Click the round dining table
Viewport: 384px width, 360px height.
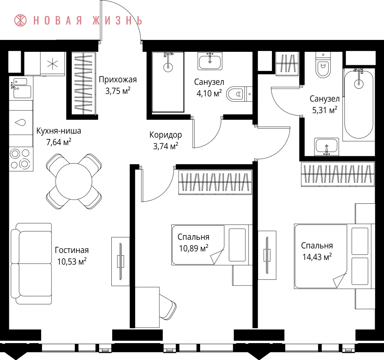74,182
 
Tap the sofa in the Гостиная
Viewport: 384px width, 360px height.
31,263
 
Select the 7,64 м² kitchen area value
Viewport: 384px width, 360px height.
59,142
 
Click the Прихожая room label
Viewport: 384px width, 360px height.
118,79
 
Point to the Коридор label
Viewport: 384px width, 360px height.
166,135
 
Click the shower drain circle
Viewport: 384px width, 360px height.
168,66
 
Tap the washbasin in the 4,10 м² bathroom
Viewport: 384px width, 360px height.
210,61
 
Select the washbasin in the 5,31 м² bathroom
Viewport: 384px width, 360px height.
327,147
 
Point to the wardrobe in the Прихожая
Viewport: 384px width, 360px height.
83,83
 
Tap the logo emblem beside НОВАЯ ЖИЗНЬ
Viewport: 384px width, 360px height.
20,20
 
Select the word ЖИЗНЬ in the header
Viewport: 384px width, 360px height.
118,21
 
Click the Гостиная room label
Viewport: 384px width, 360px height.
72,250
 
